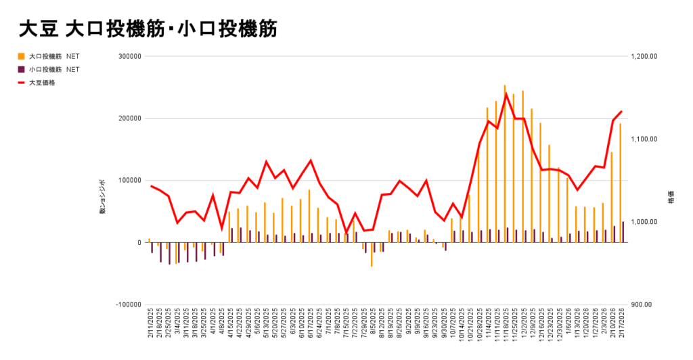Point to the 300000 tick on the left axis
[128, 57]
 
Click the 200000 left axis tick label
[128, 118]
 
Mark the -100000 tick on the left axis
[127, 305]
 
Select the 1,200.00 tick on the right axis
[643, 57]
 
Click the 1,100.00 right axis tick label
[643, 139]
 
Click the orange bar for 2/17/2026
[620, 183]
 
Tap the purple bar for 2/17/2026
[623, 232]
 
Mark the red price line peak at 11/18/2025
[506, 93]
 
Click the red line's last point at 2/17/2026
[621, 112]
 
